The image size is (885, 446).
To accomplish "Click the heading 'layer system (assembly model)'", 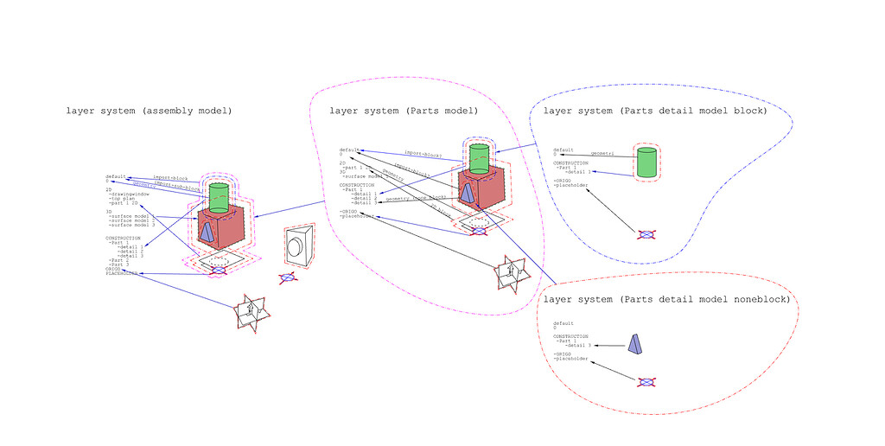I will pyautogui.click(x=149, y=111).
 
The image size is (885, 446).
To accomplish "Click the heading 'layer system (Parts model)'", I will pyautogui.click(x=404, y=111).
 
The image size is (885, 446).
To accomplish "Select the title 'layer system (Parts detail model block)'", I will pyautogui.click(x=655, y=111).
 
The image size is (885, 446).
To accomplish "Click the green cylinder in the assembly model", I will pyautogui.click(x=220, y=196).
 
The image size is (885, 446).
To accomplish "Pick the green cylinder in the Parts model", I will pyautogui.click(x=480, y=157).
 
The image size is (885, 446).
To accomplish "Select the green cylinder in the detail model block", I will pyautogui.click(x=646, y=162).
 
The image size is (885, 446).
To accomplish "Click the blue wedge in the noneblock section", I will pyautogui.click(x=635, y=344).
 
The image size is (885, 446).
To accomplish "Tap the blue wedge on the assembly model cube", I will pyautogui.click(x=207, y=231).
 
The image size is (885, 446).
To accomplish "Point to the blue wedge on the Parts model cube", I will pyautogui.click(x=467, y=192).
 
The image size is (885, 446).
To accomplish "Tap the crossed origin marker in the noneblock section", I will pyautogui.click(x=646, y=382).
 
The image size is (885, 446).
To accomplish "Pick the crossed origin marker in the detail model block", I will pyautogui.click(x=646, y=234).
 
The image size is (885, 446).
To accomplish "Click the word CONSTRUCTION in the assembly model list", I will pyautogui.click(x=123, y=238).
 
